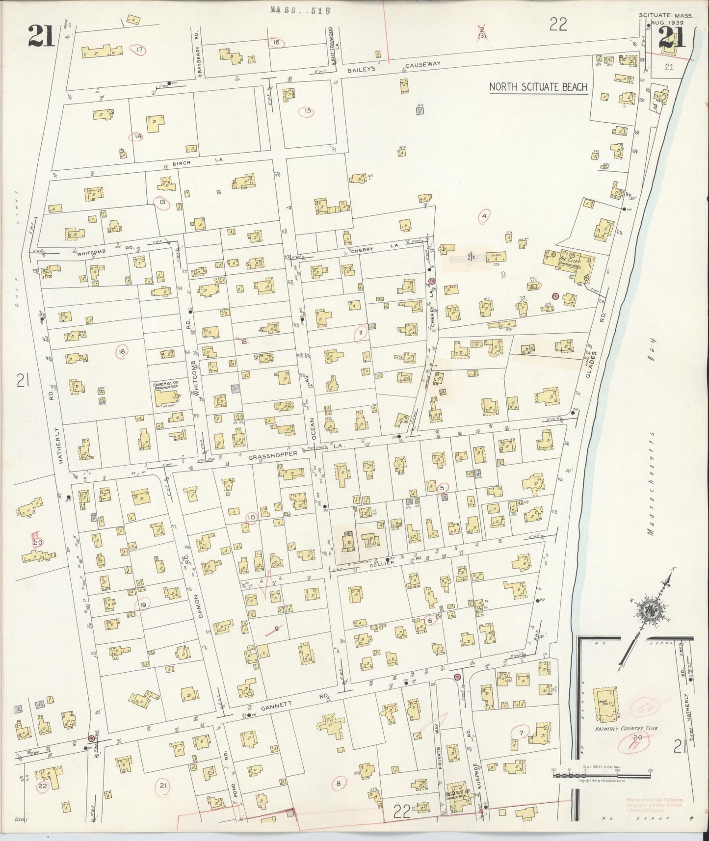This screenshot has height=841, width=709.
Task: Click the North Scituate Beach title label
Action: pos(538,87)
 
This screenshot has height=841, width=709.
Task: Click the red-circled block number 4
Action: pos(484,216)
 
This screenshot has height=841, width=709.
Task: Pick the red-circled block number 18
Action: pos(122,350)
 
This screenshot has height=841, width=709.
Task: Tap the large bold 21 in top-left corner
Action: pos(41,35)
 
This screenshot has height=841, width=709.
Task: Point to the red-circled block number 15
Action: pos(308,111)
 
